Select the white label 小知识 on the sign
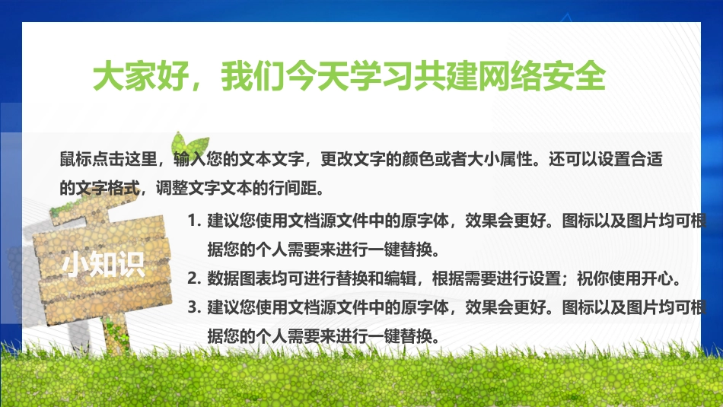coord(104,265)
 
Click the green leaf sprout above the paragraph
coord(190,145)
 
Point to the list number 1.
coord(194,221)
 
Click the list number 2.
coord(194,278)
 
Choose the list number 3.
coord(194,307)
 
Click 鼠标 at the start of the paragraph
coord(75,159)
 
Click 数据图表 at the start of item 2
coord(239,278)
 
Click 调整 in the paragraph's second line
coord(171,188)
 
